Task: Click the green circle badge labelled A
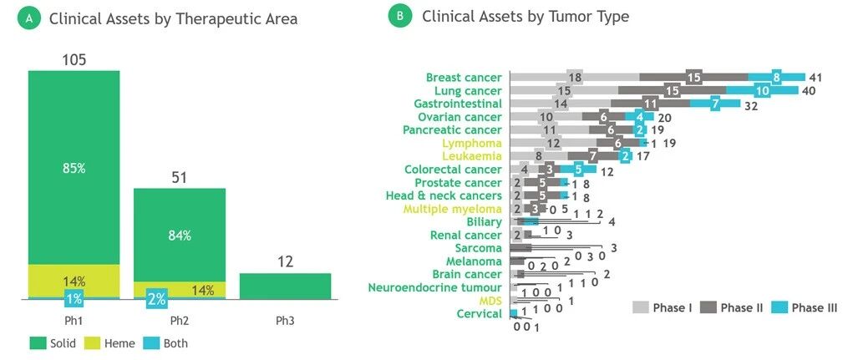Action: pyautogui.click(x=29, y=18)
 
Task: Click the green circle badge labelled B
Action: pyautogui.click(x=400, y=17)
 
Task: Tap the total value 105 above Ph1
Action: pyautogui.click(x=74, y=60)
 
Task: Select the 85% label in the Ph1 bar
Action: pyautogui.click(x=74, y=168)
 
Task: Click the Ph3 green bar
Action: pyautogui.click(x=285, y=286)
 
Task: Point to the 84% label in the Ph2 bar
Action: pyautogui.click(x=180, y=236)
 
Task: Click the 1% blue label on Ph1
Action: pyautogui.click(x=74, y=298)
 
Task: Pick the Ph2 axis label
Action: pyautogui.click(x=180, y=321)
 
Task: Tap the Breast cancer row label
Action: pyautogui.click(x=464, y=78)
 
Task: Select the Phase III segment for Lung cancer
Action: pyautogui.click(x=762, y=90)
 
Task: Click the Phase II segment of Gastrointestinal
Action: pyautogui.click(x=650, y=104)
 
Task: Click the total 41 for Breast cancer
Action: pyautogui.click(x=816, y=78)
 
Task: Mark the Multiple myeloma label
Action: pyautogui.click(x=453, y=209)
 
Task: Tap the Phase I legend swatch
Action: pyautogui.click(x=641, y=308)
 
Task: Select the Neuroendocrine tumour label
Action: pyautogui.click(x=435, y=287)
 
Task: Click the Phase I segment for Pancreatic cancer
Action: pyautogui.click(x=549, y=130)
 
